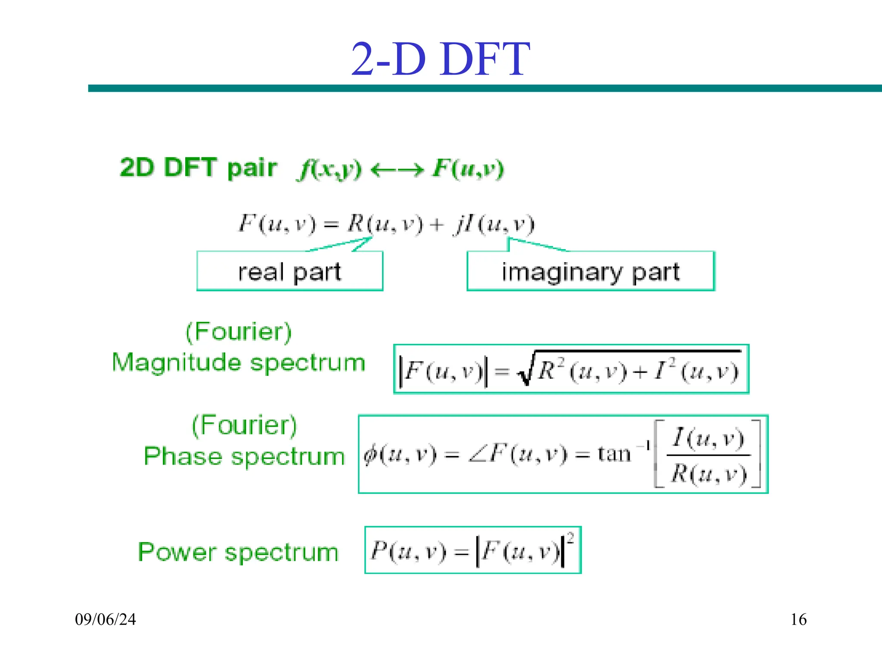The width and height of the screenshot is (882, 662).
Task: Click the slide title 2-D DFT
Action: [x=440, y=59]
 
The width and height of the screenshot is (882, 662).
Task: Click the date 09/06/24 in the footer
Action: [x=105, y=619]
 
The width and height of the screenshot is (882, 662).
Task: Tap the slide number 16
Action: [x=798, y=619]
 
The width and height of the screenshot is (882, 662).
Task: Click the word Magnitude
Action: [x=176, y=362]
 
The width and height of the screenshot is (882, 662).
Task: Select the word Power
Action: [x=177, y=552]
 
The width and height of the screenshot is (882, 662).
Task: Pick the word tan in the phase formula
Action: [x=614, y=454]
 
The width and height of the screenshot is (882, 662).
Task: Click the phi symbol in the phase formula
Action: [x=370, y=454]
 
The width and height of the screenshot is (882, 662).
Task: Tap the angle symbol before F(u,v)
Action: [x=477, y=456]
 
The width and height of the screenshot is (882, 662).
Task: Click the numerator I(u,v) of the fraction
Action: [x=708, y=438]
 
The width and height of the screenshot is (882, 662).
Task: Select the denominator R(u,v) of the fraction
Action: [x=708, y=474]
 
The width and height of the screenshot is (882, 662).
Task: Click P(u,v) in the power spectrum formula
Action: [x=408, y=551]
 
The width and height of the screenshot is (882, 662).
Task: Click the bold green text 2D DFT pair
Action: [x=198, y=168]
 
